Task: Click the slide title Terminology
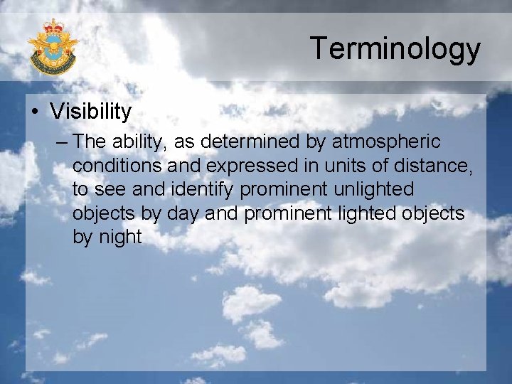click(395, 49)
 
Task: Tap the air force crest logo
click(52, 46)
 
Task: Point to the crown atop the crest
click(53, 26)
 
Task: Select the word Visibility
click(91, 112)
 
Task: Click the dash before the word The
click(60, 142)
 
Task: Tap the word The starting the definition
click(90, 142)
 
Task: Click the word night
click(118, 237)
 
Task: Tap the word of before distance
click(380, 166)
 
